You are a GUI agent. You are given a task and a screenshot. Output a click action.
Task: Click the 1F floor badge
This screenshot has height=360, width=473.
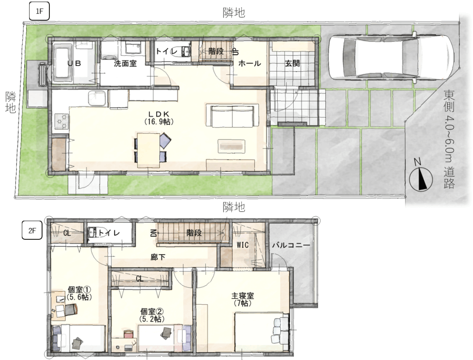tap(39, 12)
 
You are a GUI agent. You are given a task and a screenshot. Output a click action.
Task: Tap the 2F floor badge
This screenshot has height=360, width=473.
tap(32, 231)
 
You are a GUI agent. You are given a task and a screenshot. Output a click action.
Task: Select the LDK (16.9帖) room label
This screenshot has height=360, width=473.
tap(159, 118)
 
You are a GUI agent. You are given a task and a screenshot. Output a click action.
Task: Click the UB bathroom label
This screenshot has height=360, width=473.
tap(74, 63)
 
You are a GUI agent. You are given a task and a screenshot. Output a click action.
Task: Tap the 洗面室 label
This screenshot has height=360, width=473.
tap(125, 63)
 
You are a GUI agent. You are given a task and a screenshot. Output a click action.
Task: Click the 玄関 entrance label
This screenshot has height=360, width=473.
tap(292, 63)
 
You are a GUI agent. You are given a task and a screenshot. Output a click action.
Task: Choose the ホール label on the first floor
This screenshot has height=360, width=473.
tap(249, 63)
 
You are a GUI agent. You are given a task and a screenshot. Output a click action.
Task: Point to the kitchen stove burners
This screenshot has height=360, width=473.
tap(61, 121)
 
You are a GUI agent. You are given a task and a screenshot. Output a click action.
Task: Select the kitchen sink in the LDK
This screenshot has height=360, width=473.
tap(97, 98)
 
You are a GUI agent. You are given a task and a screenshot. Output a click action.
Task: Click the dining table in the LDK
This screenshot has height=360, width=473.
tap(148, 150)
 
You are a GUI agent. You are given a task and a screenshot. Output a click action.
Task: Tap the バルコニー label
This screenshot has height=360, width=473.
tap(291, 245)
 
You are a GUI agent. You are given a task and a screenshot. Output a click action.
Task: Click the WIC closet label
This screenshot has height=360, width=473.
tap(243, 245)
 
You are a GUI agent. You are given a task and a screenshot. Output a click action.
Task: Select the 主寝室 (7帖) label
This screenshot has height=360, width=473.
tap(243, 299)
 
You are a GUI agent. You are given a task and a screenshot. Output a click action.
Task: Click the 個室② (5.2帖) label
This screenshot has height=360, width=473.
tap(152, 315)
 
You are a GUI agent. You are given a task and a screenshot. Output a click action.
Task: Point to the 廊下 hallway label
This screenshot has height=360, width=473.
tap(158, 257)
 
